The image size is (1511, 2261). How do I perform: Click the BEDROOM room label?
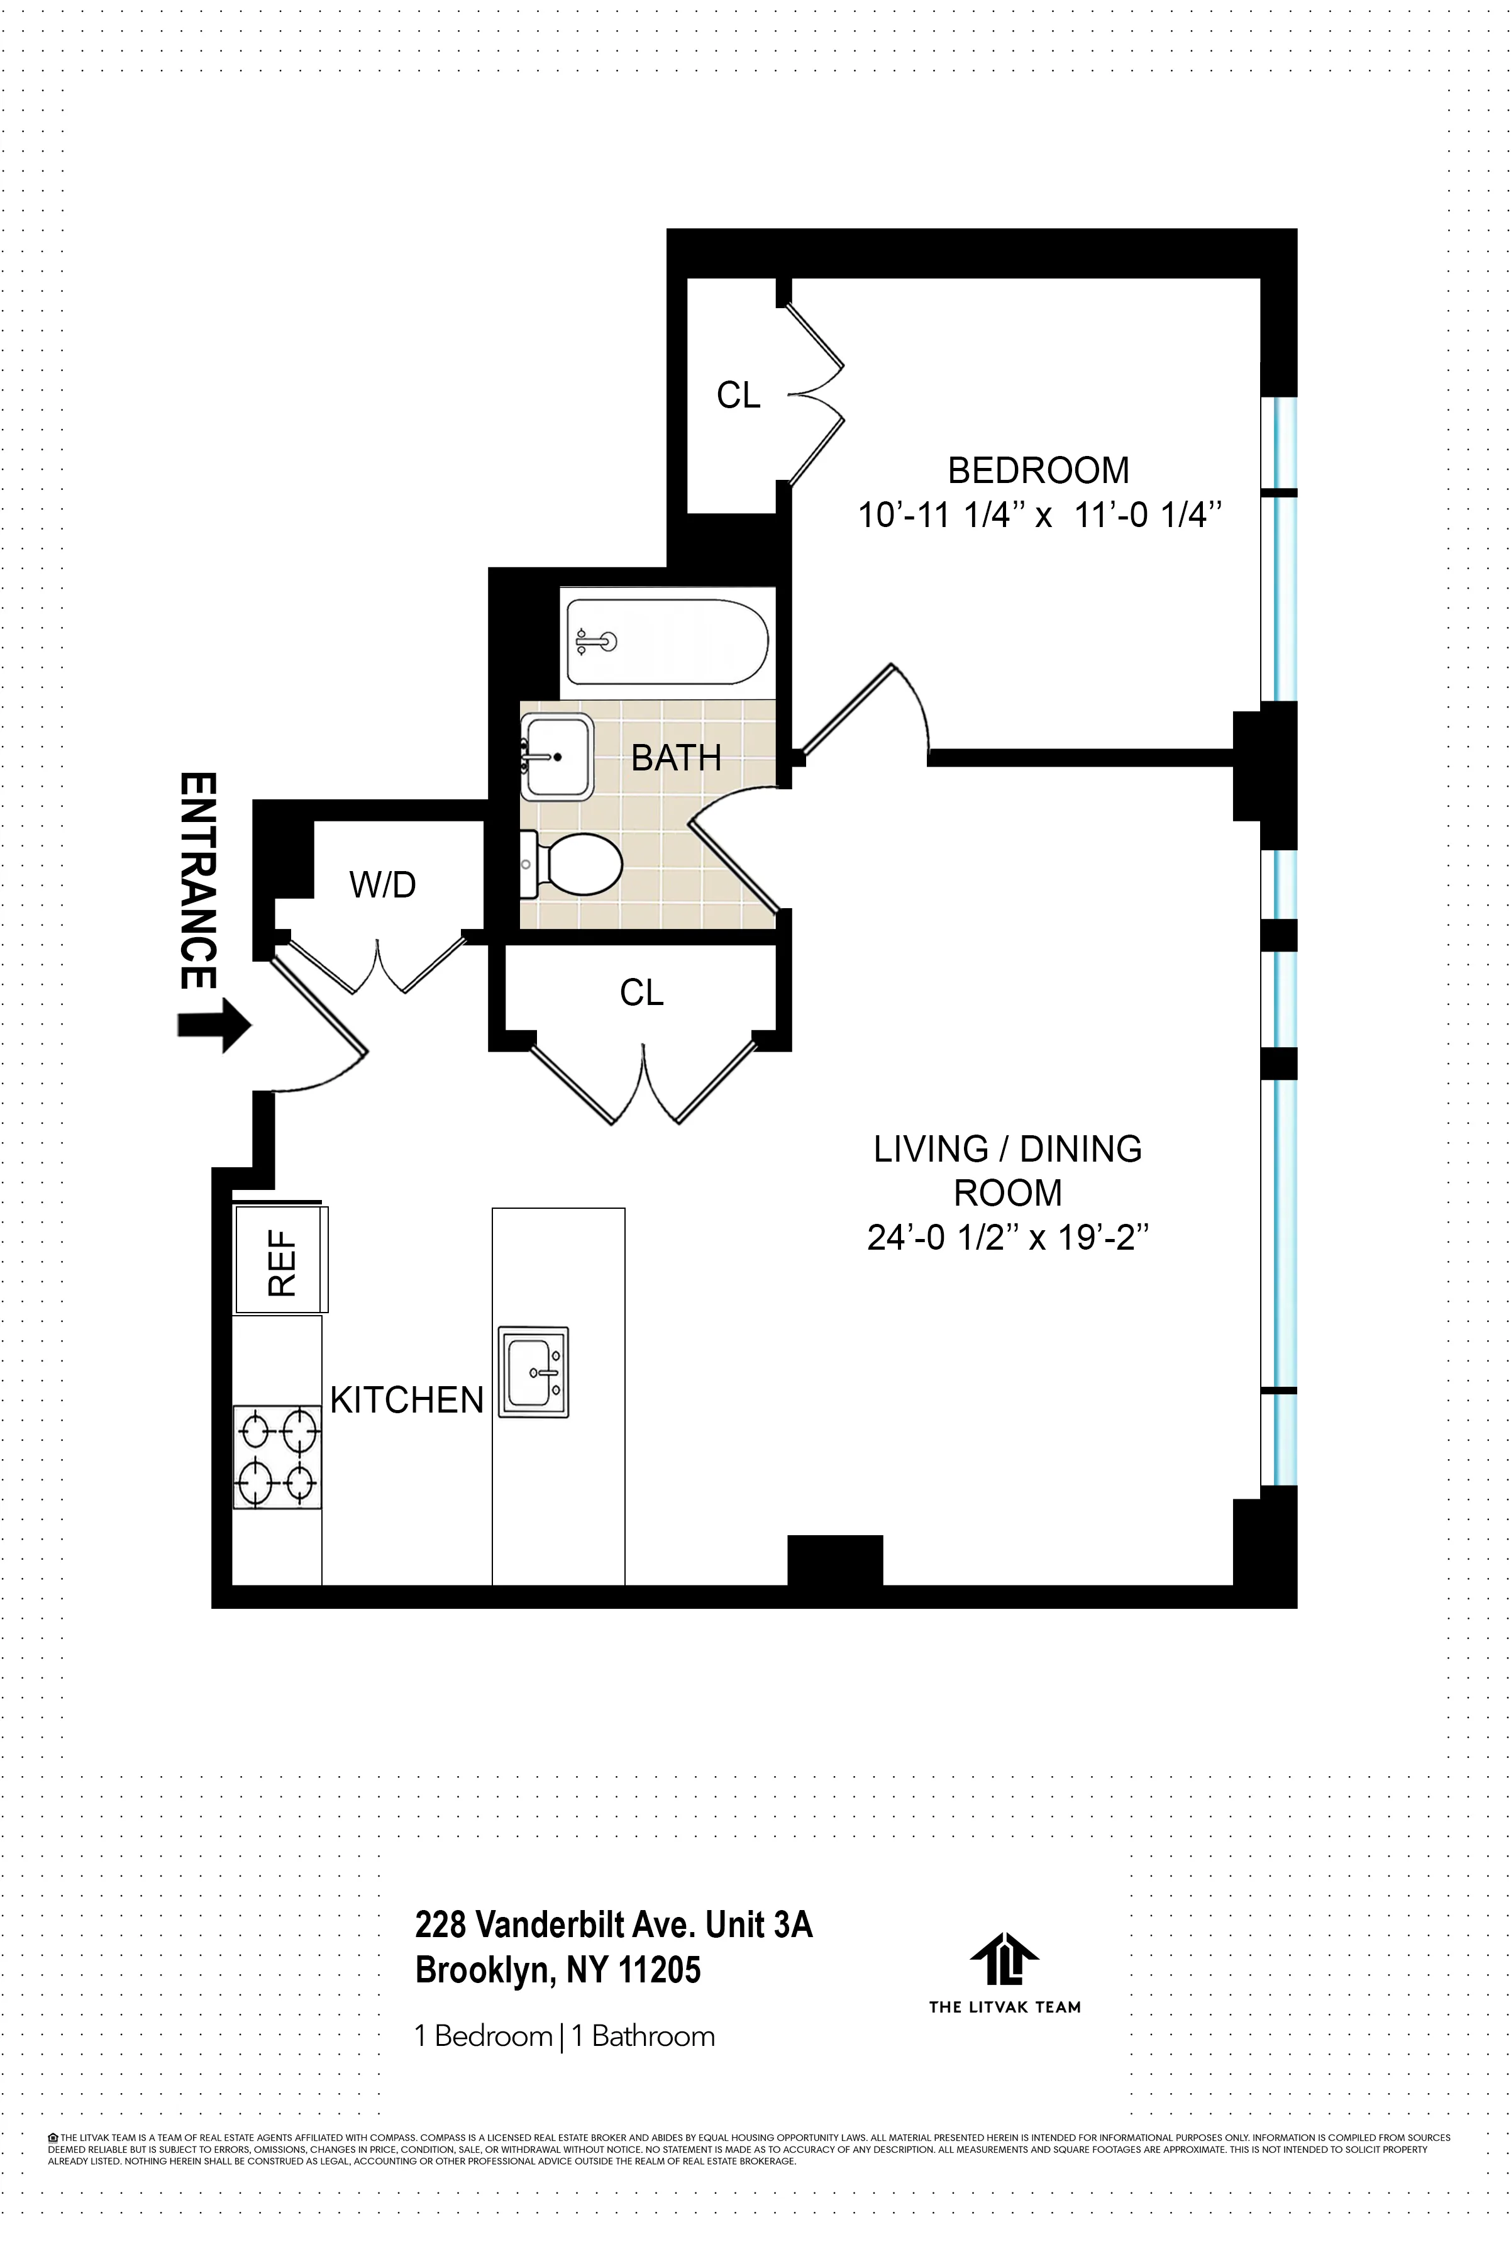[1038, 470]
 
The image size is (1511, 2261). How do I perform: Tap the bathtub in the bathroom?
[667, 642]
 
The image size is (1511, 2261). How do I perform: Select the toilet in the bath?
[576, 864]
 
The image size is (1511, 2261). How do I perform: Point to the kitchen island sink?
[533, 1372]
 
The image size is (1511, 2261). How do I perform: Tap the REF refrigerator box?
[280, 1260]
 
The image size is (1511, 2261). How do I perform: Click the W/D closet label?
[382, 885]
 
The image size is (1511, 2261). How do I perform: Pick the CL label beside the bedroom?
[738, 395]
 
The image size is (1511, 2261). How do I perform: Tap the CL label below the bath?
[642, 992]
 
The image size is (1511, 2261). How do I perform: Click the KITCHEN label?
[407, 1401]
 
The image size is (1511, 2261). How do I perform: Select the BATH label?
[675, 758]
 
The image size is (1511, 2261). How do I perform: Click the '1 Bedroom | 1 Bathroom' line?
[565, 2036]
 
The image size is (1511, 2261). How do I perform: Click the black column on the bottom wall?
[834, 1560]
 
